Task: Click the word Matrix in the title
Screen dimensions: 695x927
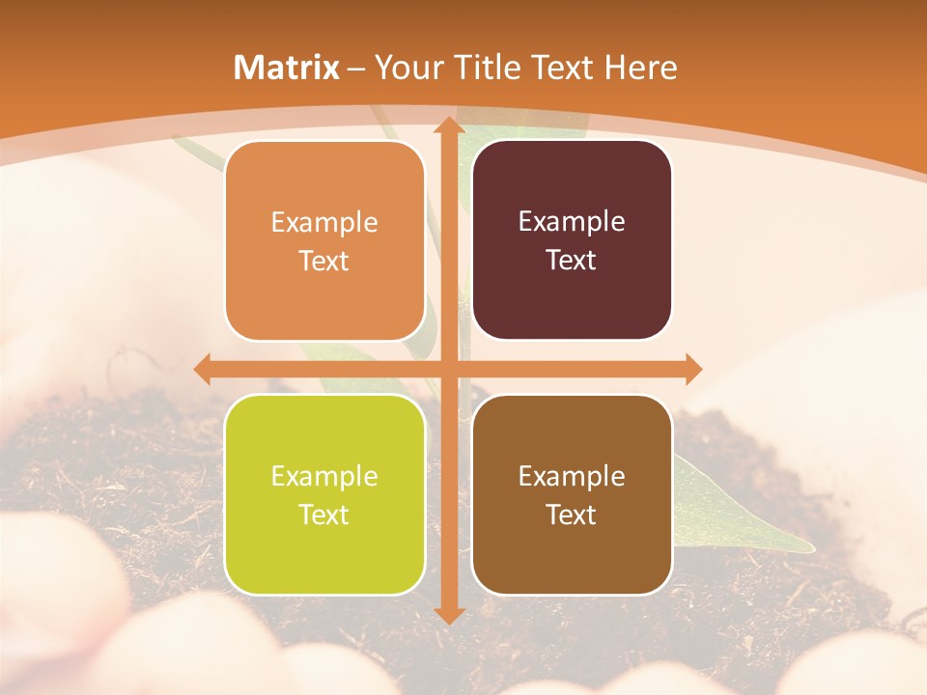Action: pos(287,68)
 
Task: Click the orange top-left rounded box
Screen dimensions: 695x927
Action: pos(324,241)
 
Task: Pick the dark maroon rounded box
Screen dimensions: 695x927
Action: pos(572,240)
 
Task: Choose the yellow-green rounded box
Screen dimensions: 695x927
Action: pos(324,494)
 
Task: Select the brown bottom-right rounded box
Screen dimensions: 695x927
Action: pos(572,494)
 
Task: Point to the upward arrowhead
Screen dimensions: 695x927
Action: pos(448,125)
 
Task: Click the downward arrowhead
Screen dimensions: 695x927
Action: pos(448,614)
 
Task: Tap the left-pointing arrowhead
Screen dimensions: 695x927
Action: pos(203,369)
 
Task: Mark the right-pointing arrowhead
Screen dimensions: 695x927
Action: pos(692,369)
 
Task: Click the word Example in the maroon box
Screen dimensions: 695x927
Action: pos(572,221)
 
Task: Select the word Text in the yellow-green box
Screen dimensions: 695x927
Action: pos(324,514)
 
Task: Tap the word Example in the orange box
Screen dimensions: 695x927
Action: pos(324,223)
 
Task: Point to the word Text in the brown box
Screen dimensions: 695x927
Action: pos(572,514)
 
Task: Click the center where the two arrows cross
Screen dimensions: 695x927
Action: pos(448,369)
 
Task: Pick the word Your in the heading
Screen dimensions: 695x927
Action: pos(406,68)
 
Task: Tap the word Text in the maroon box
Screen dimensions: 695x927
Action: pos(572,261)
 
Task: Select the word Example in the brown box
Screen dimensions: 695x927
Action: pos(572,476)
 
